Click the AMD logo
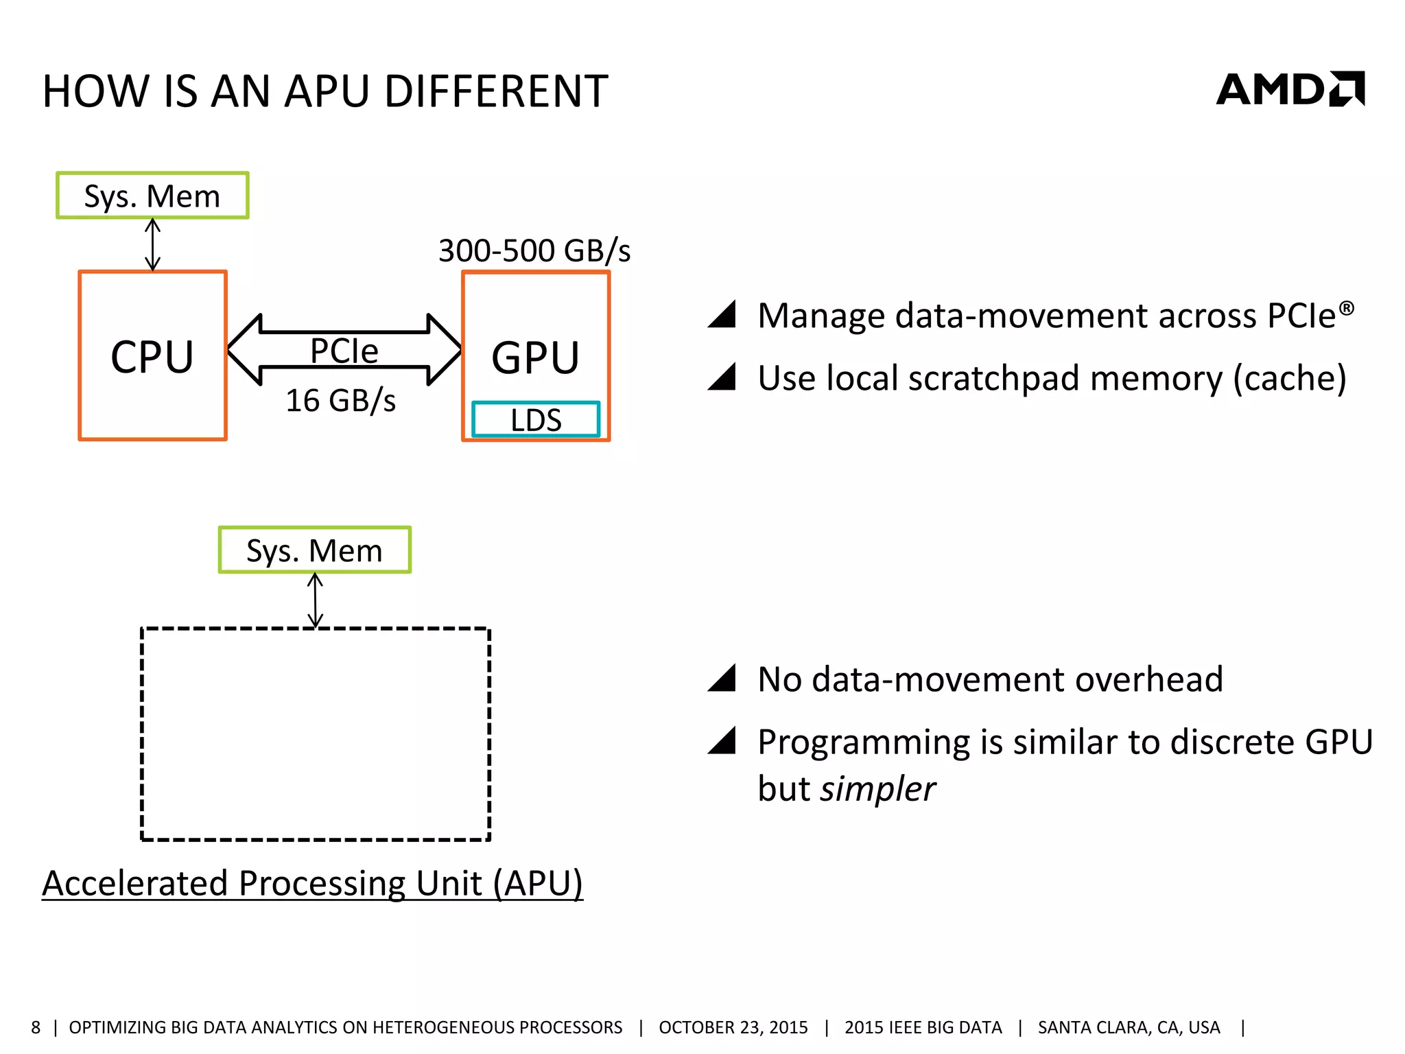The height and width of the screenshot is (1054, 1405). pyautogui.click(x=1290, y=90)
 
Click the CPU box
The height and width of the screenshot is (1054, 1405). pyautogui.click(x=152, y=355)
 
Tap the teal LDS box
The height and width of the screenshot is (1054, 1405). pyautogui.click(x=536, y=419)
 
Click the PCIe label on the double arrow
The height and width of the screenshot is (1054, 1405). pyautogui.click(x=344, y=351)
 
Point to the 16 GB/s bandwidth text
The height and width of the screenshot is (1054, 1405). pyautogui.click(x=341, y=400)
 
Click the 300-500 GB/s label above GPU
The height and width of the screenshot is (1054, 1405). pyautogui.click(x=534, y=250)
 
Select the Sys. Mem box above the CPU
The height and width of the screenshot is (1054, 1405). pyautogui.click(x=152, y=196)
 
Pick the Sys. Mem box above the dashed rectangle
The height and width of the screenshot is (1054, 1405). pyautogui.click(x=314, y=550)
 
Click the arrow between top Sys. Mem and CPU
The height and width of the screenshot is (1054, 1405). pyautogui.click(x=152, y=244)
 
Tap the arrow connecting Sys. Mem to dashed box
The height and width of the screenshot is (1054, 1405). pyautogui.click(x=315, y=600)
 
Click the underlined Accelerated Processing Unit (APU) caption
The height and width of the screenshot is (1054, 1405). pyautogui.click(x=312, y=882)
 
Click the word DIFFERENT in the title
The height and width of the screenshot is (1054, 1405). pyautogui.click(x=495, y=91)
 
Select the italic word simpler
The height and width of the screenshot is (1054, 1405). pyautogui.click(x=877, y=789)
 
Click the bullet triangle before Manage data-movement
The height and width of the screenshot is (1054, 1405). pyautogui.click(x=723, y=315)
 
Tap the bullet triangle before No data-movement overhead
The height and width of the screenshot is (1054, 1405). pyautogui.click(x=723, y=679)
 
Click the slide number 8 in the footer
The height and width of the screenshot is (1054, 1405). pyautogui.click(x=36, y=1027)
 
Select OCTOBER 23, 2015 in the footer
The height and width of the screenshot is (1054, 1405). pyautogui.click(x=733, y=1027)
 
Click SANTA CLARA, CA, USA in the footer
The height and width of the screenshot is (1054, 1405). pyautogui.click(x=1129, y=1027)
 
